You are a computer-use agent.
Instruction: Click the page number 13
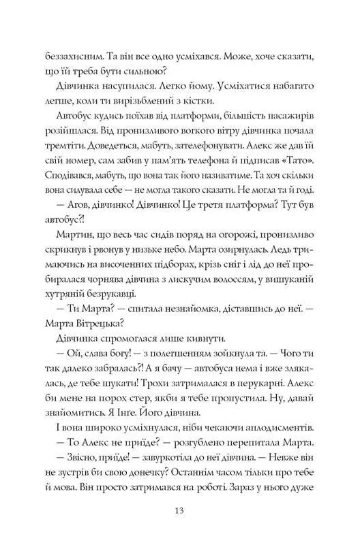(x=180, y=511)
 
